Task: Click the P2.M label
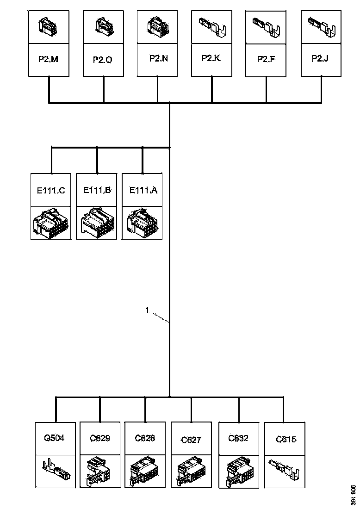(49, 59)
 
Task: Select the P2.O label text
(103, 60)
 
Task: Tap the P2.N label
(159, 58)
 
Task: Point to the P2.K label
(211, 58)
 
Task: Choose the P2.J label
(320, 58)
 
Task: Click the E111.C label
(51, 190)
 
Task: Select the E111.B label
(97, 190)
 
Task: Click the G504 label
(54, 438)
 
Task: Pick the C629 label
(100, 438)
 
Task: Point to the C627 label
(191, 440)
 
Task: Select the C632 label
(238, 438)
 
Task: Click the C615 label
(286, 440)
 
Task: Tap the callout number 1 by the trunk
(147, 310)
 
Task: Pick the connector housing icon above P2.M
(47, 26)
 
